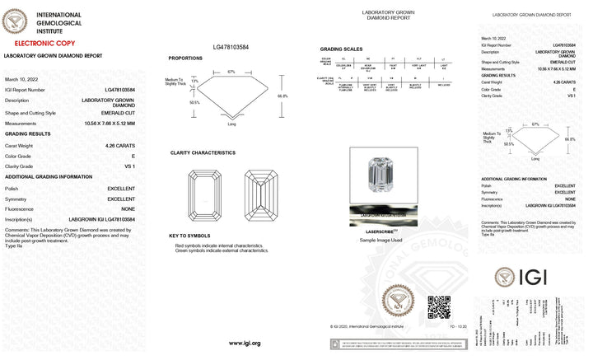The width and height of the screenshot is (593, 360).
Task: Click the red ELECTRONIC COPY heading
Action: [33, 40]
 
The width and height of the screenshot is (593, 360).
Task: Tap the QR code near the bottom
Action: [438, 308]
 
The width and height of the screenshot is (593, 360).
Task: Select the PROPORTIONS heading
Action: [186, 58]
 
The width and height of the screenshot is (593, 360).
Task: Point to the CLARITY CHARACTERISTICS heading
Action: [203, 153]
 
